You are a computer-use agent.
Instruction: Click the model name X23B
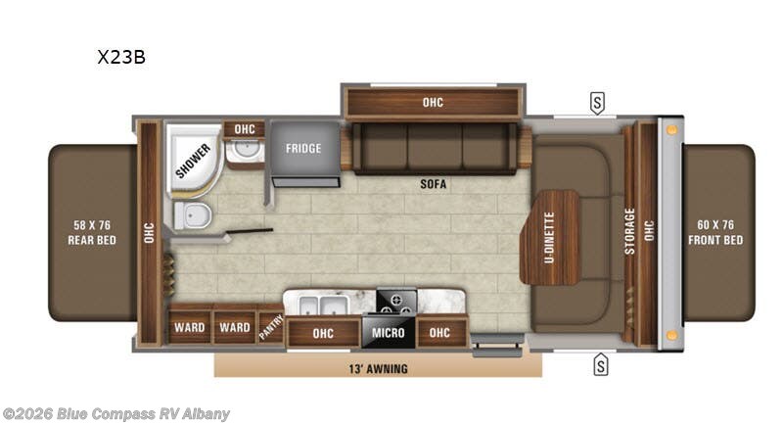(121, 57)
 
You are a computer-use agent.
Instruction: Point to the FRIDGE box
(303, 150)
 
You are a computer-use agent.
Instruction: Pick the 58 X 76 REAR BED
(93, 233)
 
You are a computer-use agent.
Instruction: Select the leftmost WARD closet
(189, 328)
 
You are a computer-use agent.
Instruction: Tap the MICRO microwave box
(389, 333)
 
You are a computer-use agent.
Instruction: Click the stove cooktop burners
(396, 301)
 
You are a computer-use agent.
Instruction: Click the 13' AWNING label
(377, 368)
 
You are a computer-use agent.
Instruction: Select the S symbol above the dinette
(596, 102)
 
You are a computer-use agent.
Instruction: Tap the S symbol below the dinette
(600, 366)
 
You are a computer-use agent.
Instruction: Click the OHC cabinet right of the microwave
(440, 333)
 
